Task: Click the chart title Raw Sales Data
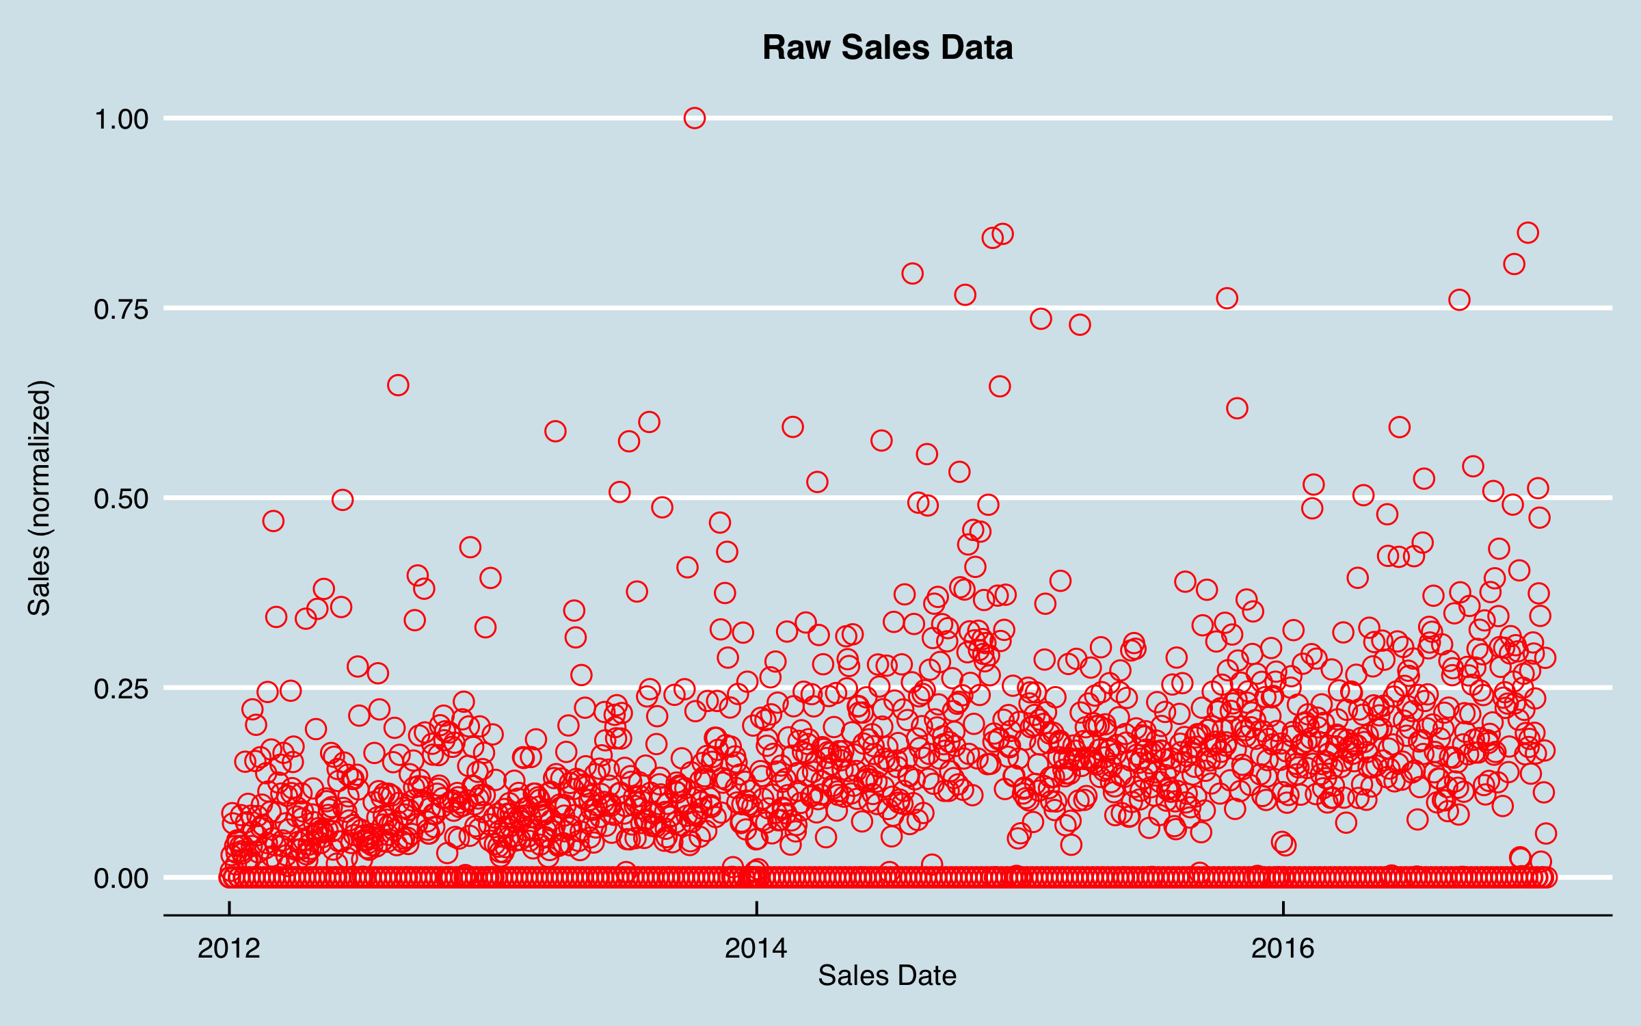tap(888, 48)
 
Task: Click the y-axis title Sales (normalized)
tap(40, 498)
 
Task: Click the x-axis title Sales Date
tap(887, 975)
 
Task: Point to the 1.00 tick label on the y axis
tap(121, 120)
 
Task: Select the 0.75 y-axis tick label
tap(121, 310)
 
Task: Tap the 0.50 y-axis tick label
tap(121, 499)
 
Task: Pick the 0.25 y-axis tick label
tap(121, 689)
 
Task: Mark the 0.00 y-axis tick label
tap(121, 878)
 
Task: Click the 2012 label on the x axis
tap(229, 949)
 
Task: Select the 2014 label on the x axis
tap(756, 949)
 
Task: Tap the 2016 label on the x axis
tap(1283, 949)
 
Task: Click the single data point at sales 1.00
tap(695, 118)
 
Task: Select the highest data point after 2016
tap(1527, 233)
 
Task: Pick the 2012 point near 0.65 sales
tap(398, 385)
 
